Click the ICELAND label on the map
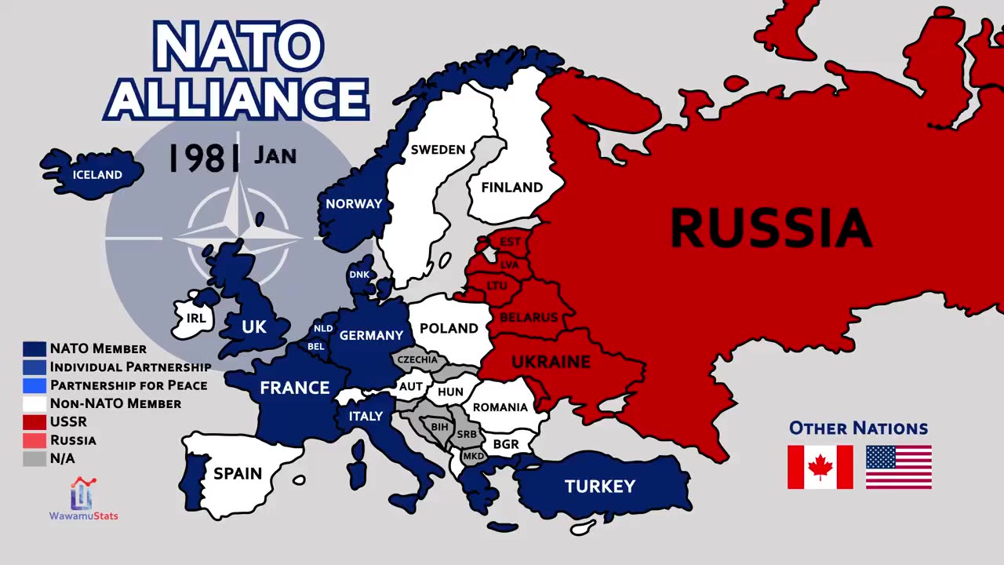click(x=97, y=175)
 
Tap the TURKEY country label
click(x=600, y=487)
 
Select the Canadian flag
click(x=820, y=467)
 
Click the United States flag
click(x=899, y=467)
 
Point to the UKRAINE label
click(x=551, y=362)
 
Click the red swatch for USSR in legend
click(x=35, y=422)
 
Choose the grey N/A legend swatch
click(x=35, y=459)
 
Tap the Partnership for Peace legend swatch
click(x=35, y=385)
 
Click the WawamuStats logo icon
click(x=82, y=494)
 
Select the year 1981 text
click(x=205, y=157)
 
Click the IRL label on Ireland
click(x=196, y=319)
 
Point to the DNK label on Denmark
click(x=359, y=275)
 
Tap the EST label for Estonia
click(x=510, y=242)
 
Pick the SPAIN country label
click(x=238, y=473)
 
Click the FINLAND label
click(x=511, y=188)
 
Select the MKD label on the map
click(x=473, y=456)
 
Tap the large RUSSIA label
click(x=771, y=228)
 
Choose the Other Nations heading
click(x=858, y=428)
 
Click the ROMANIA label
click(x=500, y=407)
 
